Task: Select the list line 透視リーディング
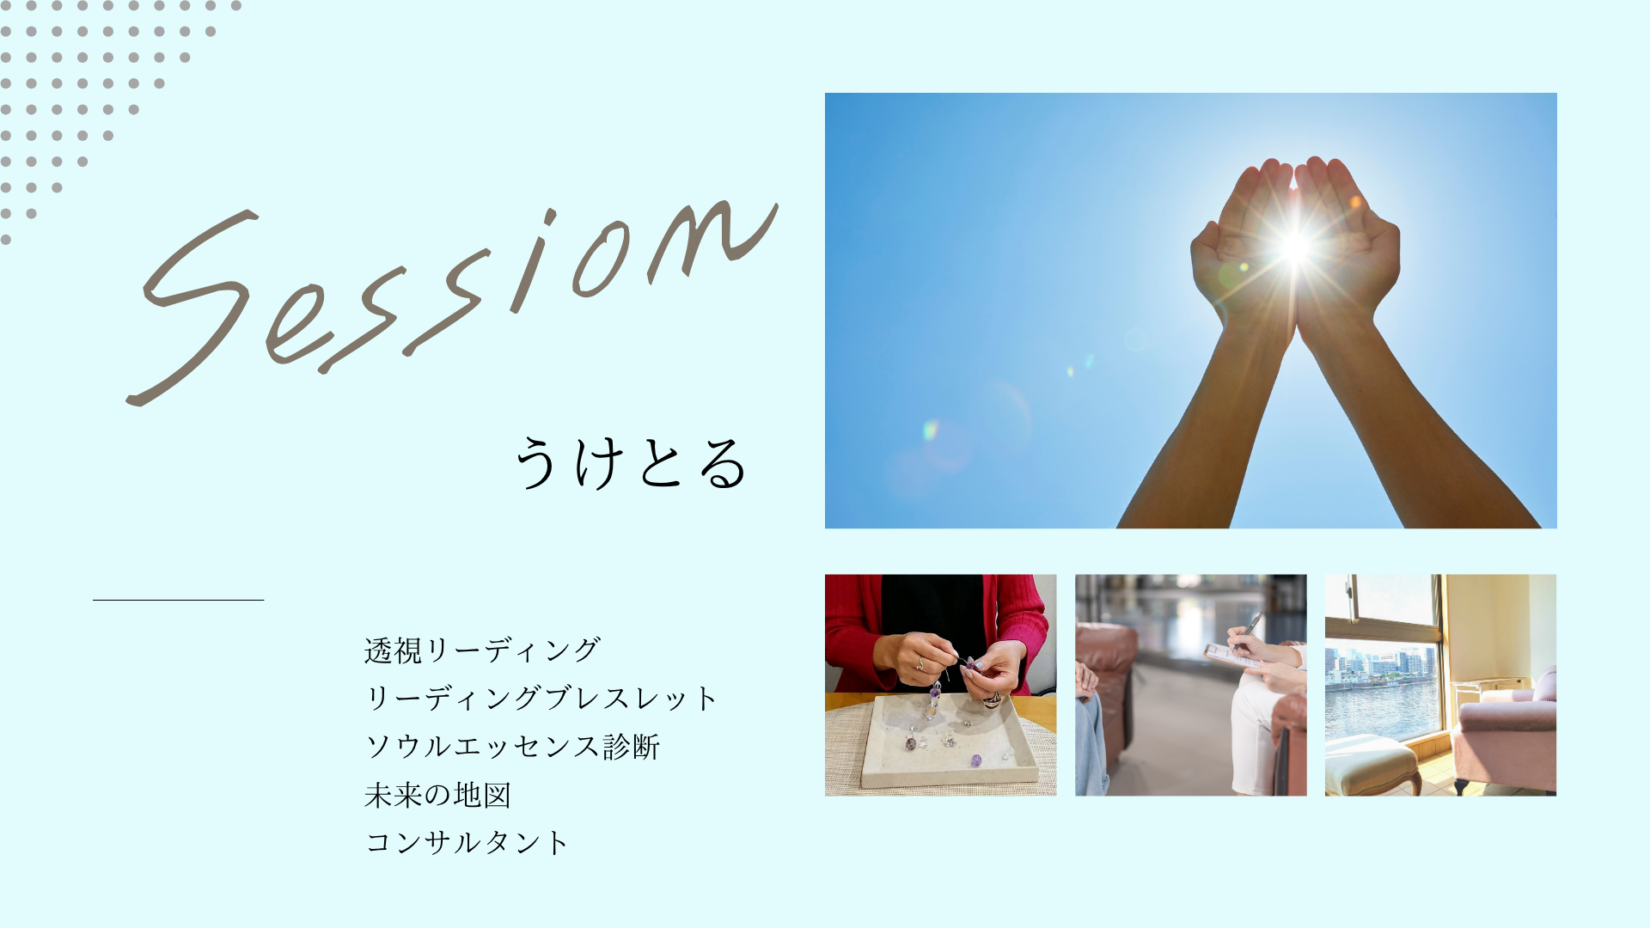(x=481, y=650)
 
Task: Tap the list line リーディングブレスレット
(x=541, y=698)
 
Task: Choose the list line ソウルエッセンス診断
(x=512, y=746)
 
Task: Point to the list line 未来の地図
(x=437, y=795)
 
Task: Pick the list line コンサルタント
(x=467, y=842)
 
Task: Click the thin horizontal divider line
(x=178, y=600)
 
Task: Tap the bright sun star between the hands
(x=1295, y=247)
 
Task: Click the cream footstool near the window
(x=1370, y=765)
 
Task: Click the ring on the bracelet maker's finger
(x=919, y=663)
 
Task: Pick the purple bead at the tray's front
(x=975, y=760)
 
